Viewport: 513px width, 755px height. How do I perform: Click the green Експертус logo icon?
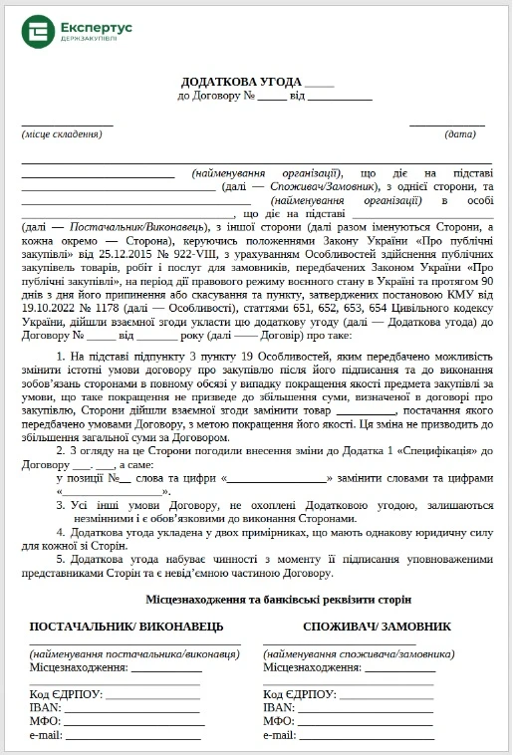pos(38,31)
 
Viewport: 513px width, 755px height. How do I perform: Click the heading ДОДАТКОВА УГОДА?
pos(241,82)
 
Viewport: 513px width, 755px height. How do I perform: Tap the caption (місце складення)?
pos(62,133)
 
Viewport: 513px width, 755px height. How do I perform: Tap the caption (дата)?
pos(460,133)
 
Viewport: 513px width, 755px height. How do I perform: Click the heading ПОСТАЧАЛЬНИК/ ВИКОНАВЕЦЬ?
pos(121,627)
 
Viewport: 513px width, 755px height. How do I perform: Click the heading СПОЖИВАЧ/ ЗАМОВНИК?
pos(378,627)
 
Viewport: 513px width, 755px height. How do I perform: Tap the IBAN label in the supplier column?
pos(45,708)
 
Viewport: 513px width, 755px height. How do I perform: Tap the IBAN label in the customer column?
pos(278,708)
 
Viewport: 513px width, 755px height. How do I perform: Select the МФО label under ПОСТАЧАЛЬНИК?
pos(46,721)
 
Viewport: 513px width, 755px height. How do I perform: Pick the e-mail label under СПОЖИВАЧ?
pos(280,735)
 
